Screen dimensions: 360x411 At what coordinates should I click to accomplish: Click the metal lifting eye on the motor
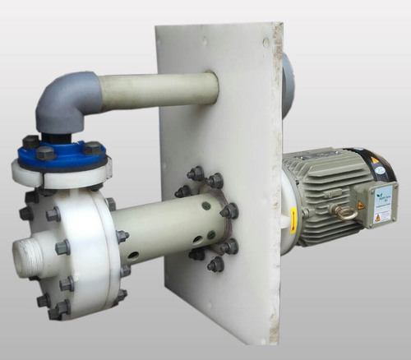[x=346, y=211]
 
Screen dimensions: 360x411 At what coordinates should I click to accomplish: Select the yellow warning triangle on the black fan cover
[x=375, y=160]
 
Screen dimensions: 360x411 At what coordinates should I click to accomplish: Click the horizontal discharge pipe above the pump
[x=156, y=89]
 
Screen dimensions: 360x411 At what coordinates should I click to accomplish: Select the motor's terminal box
[x=378, y=201]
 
